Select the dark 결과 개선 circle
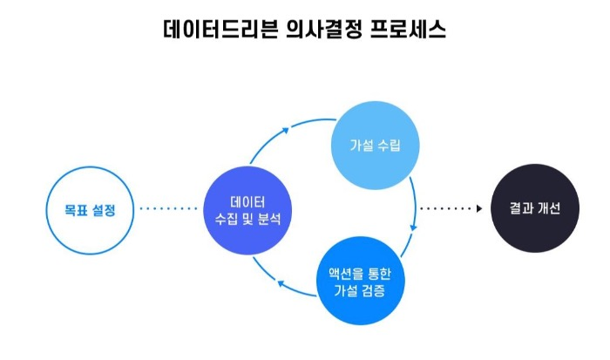pyautogui.click(x=534, y=209)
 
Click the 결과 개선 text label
pyautogui.click(x=534, y=209)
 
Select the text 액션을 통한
pyautogui.click(x=360, y=268)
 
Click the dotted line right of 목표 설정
pyautogui.click(x=169, y=209)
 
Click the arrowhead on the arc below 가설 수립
pyautogui.click(x=413, y=227)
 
